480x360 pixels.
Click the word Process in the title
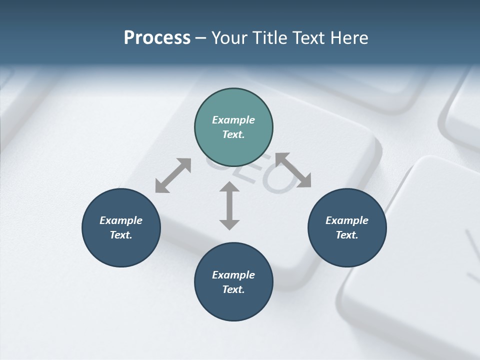pyautogui.click(x=157, y=38)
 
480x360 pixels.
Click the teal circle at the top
pyautogui.click(x=233, y=105)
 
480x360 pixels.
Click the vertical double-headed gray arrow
pyautogui.click(x=229, y=205)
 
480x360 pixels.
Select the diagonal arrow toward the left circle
pyautogui.click(x=173, y=175)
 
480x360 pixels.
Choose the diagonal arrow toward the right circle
pyautogui.click(x=293, y=170)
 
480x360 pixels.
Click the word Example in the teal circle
pyautogui.click(x=233, y=120)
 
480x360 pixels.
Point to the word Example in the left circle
pyautogui.click(x=121, y=220)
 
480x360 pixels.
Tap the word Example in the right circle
pyautogui.click(x=347, y=220)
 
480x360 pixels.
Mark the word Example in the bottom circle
pyautogui.click(x=233, y=275)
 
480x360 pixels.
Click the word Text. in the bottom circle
pyautogui.click(x=233, y=289)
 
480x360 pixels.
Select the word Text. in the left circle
pyautogui.click(x=121, y=235)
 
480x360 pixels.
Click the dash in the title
pyautogui.click(x=201, y=38)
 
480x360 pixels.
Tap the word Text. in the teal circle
pyautogui.click(x=233, y=134)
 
